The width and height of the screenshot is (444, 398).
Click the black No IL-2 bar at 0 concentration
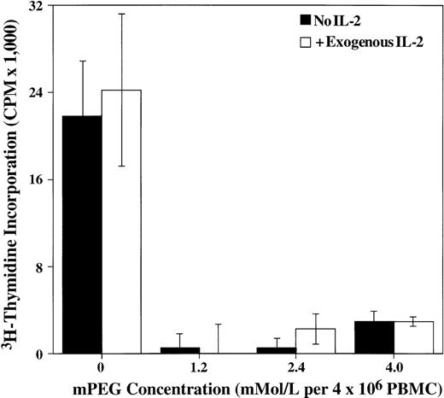point(82,235)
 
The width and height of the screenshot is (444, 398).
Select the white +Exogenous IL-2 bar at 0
point(121,222)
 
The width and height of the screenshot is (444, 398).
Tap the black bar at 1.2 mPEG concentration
point(179,350)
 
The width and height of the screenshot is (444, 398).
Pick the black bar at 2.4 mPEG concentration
point(276,350)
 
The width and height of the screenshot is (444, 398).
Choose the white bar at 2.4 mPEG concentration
point(315,341)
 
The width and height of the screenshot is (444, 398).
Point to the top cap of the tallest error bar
point(121,14)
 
